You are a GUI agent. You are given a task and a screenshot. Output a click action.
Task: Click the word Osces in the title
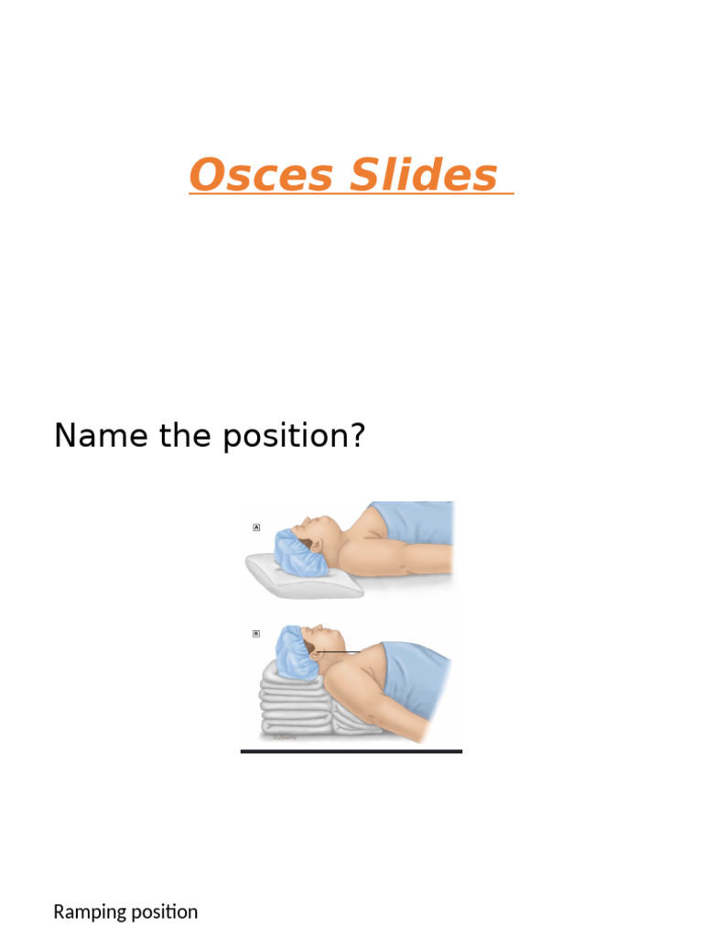point(261,175)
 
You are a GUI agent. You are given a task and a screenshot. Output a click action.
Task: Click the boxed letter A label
point(256,528)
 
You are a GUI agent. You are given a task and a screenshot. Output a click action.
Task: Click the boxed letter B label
point(256,633)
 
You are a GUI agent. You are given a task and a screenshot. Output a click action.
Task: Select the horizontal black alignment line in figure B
point(339,652)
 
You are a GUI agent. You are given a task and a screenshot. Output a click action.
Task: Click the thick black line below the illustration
point(351,751)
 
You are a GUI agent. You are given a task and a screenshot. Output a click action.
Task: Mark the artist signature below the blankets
point(285,736)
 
